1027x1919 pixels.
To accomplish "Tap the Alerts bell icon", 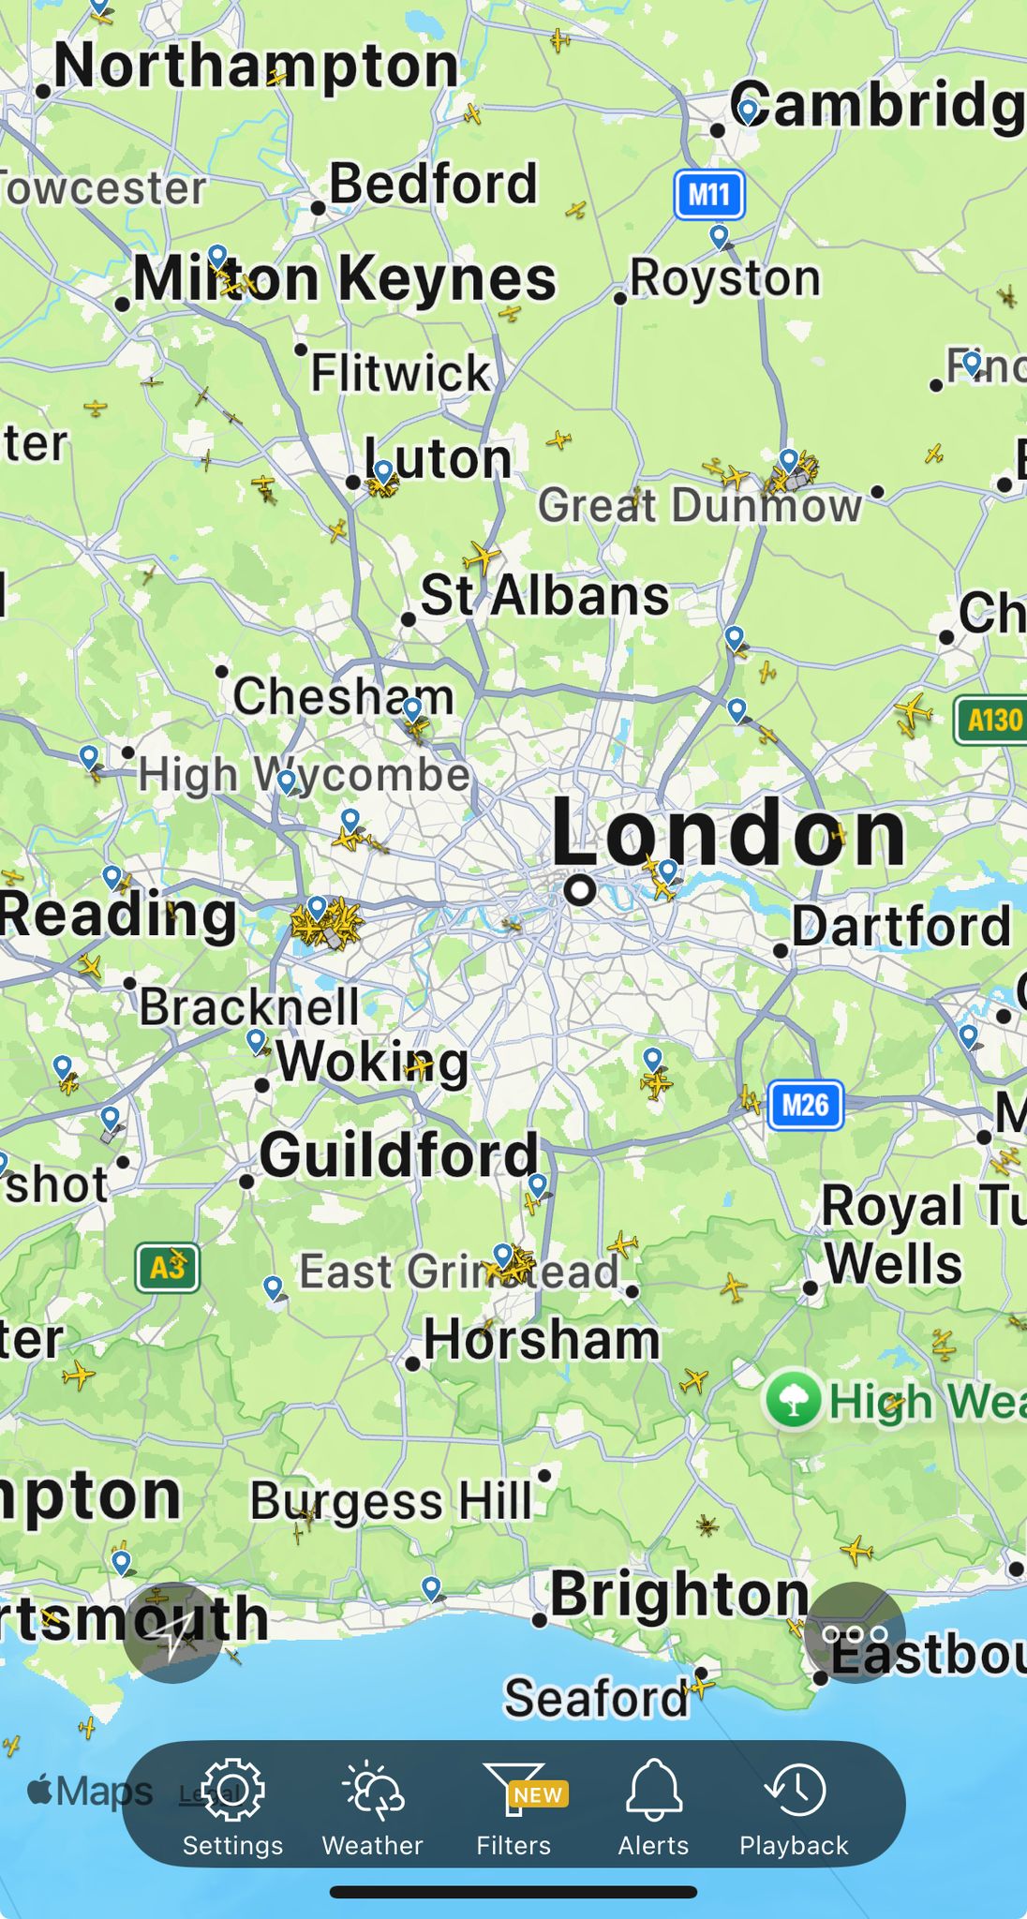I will pyautogui.click(x=653, y=1790).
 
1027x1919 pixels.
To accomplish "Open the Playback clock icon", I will pyautogui.click(x=795, y=1790).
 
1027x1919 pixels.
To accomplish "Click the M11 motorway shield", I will pyautogui.click(x=709, y=195).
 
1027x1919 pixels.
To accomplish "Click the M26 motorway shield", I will pyautogui.click(x=805, y=1106).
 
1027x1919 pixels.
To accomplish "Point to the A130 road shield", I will pyautogui.click(x=992, y=721).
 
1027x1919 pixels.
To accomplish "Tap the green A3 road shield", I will pyautogui.click(x=167, y=1268).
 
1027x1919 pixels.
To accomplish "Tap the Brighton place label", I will pyautogui.click(x=679, y=1594).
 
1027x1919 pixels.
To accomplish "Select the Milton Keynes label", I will pyautogui.click(x=345, y=279).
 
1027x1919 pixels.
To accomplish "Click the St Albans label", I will pyautogui.click(x=544, y=596).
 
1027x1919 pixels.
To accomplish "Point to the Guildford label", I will pyautogui.click(x=400, y=1154).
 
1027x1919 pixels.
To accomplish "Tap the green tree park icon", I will pyautogui.click(x=794, y=1400).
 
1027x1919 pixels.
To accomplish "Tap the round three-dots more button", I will pyautogui.click(x=854, y=1633).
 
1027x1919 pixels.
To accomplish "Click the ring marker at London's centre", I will pyautogui.click(x=580, y=889).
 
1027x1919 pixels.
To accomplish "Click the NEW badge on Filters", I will pyautogui.click(x=538, y=1795).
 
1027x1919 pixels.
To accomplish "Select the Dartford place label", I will pyautogui.click(x=901, y=927).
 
